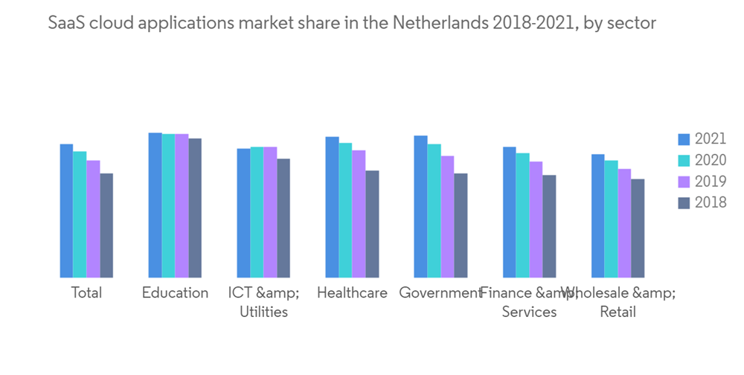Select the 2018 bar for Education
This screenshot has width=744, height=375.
[x=195, y=208]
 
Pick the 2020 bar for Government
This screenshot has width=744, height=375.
[x=434, y=211]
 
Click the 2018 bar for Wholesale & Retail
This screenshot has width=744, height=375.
[x=638, y=228]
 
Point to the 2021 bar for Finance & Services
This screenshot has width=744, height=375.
[x=509, y=213]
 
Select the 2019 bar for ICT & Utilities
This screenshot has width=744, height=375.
[x=270, y=213]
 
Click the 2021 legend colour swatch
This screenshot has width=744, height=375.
[x=684, y=139]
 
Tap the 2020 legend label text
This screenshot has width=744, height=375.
[x=711, y=160]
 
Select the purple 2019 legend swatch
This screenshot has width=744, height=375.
[x=684, y=182]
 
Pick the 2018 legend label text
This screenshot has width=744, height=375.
[x=711, y=202]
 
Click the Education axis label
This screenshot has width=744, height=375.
[x=176, y=292]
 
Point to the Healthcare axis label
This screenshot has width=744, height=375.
[x=352, y=292]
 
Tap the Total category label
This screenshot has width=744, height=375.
[x=86, y=292]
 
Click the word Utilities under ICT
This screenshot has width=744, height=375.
[x=263, y=312]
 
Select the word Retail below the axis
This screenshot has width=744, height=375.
[x=618, y=312]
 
